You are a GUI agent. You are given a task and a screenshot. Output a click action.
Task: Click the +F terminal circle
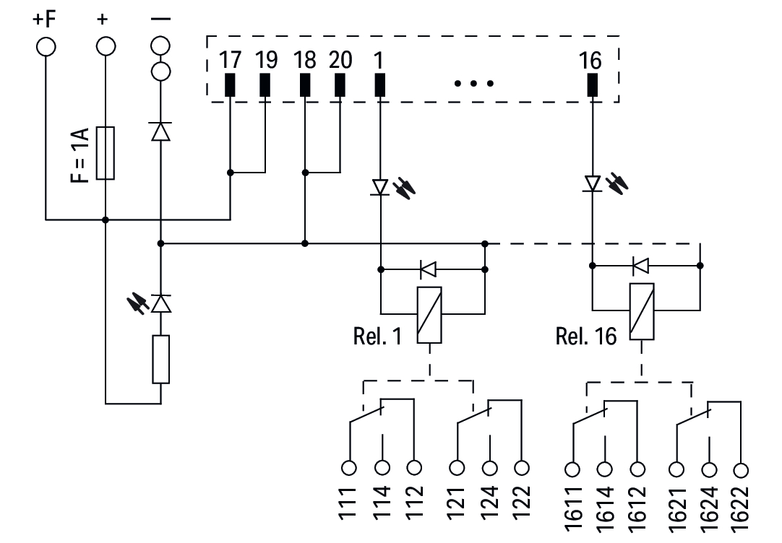pos(45,46)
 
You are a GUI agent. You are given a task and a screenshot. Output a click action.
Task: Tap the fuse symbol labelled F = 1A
pos(106,152)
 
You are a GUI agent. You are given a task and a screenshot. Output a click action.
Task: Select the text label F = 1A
pos(81,155)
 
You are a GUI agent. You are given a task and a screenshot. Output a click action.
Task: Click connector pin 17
pos(230,84)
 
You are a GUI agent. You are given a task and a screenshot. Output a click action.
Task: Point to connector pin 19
pos(265,84)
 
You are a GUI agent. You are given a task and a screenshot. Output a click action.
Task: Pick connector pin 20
pos(340,84)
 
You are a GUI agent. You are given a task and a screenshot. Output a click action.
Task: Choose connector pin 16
pos(592,84)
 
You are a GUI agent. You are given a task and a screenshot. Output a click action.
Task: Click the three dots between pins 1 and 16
pos(474,83)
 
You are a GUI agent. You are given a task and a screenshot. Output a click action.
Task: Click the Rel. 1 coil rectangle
pos(430,314)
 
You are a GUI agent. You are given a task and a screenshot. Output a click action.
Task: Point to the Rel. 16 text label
pos(586,336)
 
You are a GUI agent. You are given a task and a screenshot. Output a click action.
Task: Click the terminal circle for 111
pos(349,467)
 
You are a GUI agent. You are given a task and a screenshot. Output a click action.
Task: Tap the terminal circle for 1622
pos(741,470)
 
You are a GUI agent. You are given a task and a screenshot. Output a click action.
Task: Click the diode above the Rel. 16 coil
pos(640,266)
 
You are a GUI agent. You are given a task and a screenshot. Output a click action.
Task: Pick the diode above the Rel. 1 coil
pos(428,270)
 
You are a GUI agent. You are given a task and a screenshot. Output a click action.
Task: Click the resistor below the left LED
pos(160,359)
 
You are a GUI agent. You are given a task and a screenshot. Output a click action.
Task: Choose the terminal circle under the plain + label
pos(106,46)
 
